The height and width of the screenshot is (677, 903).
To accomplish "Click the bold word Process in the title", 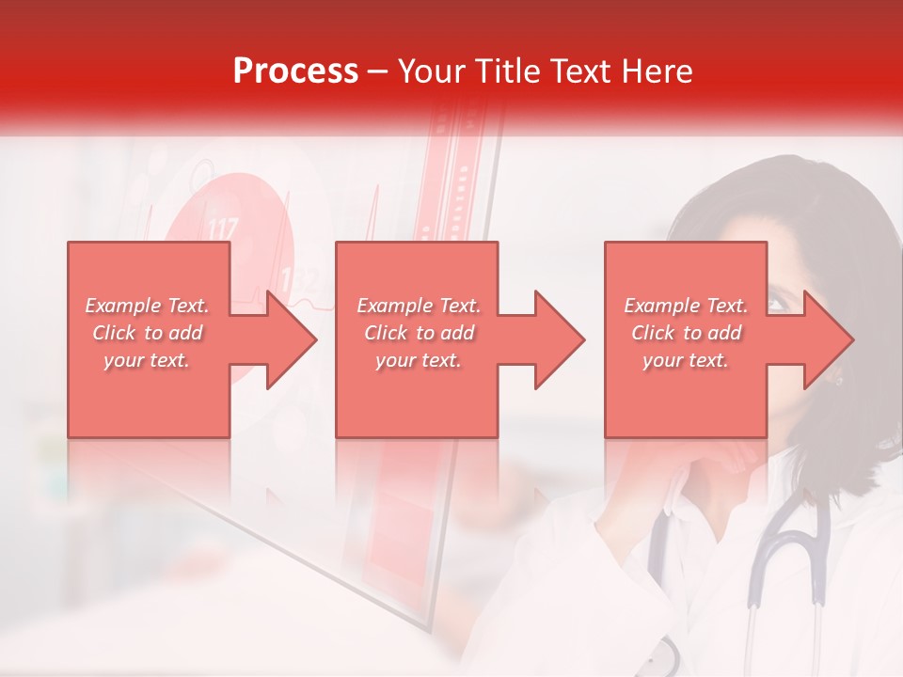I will (x=295, y=71).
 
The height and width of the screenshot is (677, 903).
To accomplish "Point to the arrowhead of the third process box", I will (x=828, y=339).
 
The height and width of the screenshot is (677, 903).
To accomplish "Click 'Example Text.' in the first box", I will (x=148, y=306).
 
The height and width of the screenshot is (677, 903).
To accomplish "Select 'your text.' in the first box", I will (x=148, y=360).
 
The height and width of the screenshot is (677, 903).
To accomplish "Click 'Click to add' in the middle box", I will (x=419, y=333).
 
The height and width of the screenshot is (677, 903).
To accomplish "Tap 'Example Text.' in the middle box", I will (x=419, y=306).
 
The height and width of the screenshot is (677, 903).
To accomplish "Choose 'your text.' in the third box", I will (x=686, y=360).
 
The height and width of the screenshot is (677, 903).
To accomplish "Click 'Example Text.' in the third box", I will (x=686, y=306).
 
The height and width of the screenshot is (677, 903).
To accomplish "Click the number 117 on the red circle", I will (x=223, y=228).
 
